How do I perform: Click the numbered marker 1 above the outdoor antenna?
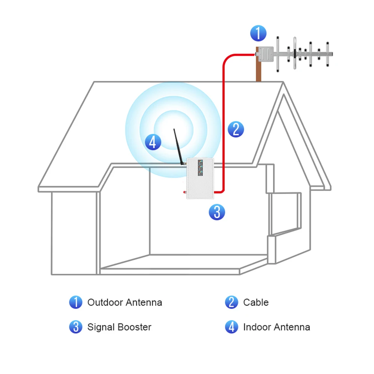click(x=258, y=33)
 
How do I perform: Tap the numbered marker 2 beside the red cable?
click(x=236, y=129)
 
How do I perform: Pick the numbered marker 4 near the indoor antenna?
click(x=153, y=142)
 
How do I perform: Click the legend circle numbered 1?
click(x=76, y=302)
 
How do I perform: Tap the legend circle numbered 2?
click(x=232, y=302)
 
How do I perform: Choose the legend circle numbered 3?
click(x=76, y=327)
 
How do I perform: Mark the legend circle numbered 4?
click(x=232, y=327)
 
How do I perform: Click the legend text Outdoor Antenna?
click(x=125, y=302)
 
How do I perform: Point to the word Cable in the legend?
click(x=256, y=302)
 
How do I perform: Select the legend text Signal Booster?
click(x=119, y=327)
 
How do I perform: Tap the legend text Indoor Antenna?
click(x=276, y=327)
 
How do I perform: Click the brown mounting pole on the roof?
click(x=259, y=71)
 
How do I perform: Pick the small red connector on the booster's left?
click(x=184, y=192)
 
